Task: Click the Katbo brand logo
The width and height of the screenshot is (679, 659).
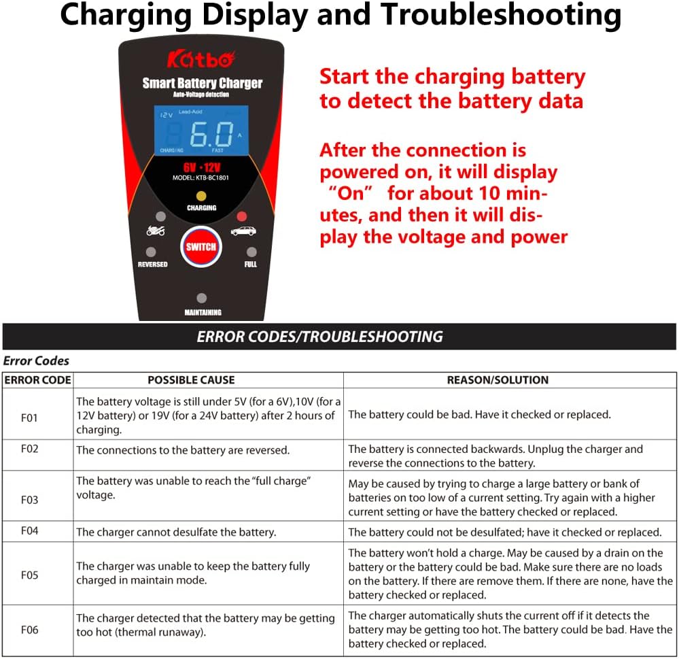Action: point(201,59)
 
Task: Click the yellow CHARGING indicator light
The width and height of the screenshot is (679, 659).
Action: point(201,196)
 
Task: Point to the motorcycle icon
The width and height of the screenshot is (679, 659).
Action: point(156,231)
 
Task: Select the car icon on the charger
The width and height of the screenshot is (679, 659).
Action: point(243,231)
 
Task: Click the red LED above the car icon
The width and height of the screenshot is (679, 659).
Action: point(241,216)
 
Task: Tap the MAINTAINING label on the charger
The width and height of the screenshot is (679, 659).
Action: point(203,313)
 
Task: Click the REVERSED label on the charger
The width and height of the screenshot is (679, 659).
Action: point(152,265)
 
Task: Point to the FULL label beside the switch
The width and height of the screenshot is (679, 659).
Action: point(250,265)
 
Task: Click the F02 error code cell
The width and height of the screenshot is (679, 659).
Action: point(29,450)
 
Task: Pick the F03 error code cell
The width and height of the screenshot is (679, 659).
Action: point(29,500)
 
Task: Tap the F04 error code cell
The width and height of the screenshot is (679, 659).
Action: point(29,531)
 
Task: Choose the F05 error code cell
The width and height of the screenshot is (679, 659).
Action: point(29,575)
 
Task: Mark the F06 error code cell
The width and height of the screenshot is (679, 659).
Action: point(29,630)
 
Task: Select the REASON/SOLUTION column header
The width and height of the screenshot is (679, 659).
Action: point(498,380)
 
